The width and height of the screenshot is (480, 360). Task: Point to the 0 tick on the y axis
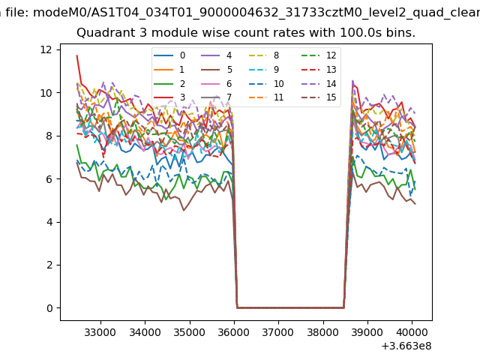coord(49,308)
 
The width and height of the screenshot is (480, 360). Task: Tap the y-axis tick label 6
coord(49,178)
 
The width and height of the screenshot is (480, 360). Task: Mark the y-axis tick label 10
coord(46,93)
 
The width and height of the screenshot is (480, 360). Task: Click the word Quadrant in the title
coord(103,33)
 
